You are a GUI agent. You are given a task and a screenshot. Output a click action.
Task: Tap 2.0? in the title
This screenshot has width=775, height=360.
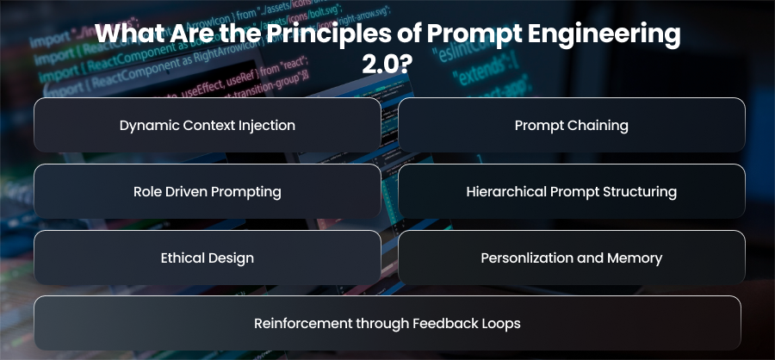[387, 65]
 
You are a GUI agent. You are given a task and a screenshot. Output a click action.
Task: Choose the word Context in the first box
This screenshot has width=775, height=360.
[208, 126]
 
